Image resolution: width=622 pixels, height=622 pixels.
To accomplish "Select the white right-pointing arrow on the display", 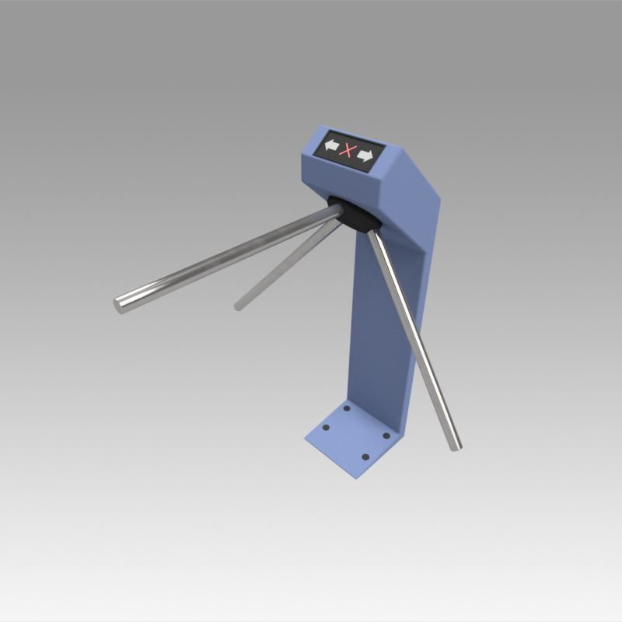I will [365, 156].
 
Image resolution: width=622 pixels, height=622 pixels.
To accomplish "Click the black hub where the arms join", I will [354, 212].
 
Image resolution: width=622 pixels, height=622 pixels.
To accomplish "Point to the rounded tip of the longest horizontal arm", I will [121, 304].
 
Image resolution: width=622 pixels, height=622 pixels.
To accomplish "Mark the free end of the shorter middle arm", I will [239, 306].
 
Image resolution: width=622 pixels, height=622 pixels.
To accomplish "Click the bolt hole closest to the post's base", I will [347, 408].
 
